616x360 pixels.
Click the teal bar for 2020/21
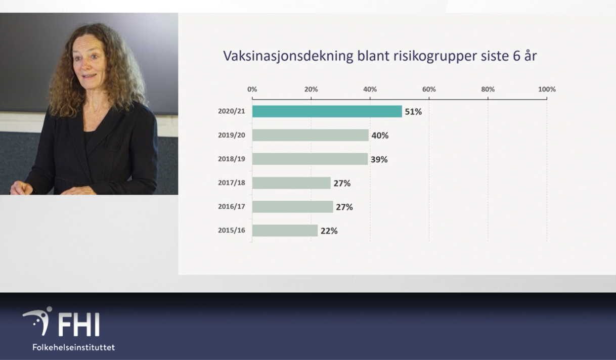pos(327,111)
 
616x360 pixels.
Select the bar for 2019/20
pos(311,135)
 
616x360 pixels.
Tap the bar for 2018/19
pos(310,159)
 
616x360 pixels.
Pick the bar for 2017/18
pos(291,183)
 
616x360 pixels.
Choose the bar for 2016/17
pos(293,206)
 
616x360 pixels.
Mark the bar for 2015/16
pos(285,231)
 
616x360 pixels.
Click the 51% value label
pos(413,112)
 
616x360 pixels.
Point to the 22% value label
pos(329,231)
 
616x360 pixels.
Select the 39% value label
pos(379,159)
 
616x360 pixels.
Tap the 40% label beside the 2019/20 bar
pos(380,136)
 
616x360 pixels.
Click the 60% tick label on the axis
pos(429,89)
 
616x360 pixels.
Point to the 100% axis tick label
pos(547,89)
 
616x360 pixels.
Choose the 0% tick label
pos(252,89)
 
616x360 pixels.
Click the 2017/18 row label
pos(232,183)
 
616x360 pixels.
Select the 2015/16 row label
pos(232,230)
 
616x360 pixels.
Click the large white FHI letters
pos(79,325)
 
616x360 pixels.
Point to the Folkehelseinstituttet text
pos(74,347)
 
